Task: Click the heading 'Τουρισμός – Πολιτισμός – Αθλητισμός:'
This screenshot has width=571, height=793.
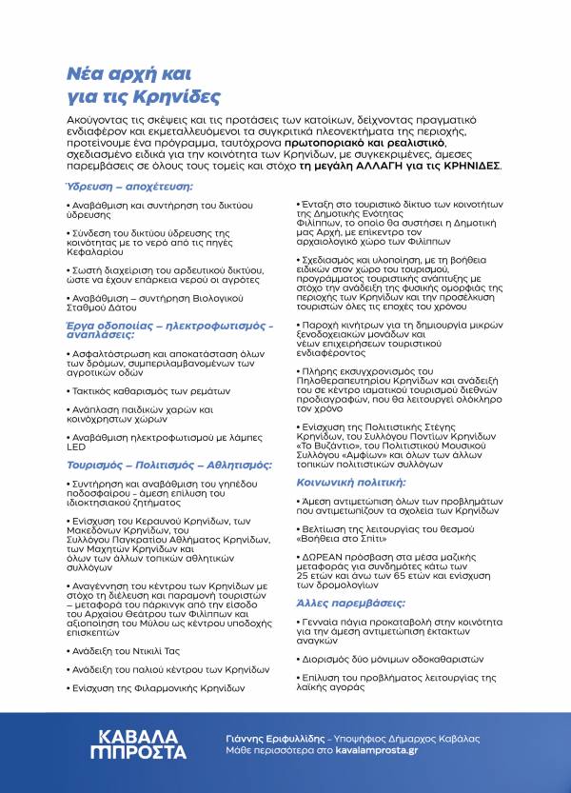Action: [156, 466]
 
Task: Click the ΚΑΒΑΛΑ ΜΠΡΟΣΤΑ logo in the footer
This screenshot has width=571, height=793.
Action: [144, 743]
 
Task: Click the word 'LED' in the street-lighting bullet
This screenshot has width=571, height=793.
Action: [76, 447]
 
